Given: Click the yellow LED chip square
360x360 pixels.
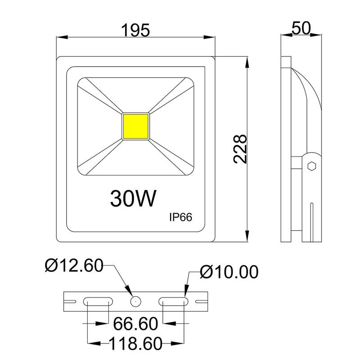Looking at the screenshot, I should [x=135, y=126].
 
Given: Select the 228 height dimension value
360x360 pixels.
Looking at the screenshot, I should [x=240, y=149].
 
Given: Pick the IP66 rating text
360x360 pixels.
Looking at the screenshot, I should [x=180, y=217].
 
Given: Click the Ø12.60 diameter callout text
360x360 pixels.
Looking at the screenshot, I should [x=74, y=266].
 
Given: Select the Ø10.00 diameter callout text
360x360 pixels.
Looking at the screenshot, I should [x=229, y=271].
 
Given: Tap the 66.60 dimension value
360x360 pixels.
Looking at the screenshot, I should [x=135, y=324].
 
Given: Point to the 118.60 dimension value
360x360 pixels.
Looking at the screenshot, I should [x=135, y=344].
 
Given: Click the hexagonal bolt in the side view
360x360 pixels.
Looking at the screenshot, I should [x=310, y=166].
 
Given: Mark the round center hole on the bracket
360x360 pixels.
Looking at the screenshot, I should [x=135, y=301].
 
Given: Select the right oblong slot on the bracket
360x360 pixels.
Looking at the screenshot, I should [x=173, y=301].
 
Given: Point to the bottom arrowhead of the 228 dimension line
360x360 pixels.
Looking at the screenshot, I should [x=247, y=237].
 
